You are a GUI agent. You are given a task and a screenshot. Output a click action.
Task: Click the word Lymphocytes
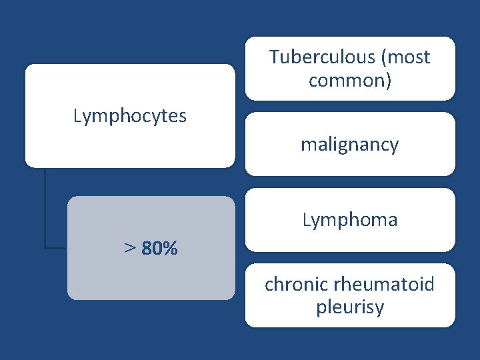point(130,117)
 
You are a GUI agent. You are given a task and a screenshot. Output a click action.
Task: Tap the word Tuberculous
point(321,58)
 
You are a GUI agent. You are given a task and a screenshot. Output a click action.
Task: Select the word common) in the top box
point(350,81)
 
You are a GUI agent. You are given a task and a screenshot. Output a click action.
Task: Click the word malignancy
point(349,144)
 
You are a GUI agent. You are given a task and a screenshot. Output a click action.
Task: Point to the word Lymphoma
point(350,220)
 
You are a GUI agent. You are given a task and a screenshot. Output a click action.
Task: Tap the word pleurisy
point(350,308)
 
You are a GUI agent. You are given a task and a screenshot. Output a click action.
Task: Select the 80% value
point(160,249)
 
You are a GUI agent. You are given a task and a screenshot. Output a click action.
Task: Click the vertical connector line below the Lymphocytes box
point(45,207)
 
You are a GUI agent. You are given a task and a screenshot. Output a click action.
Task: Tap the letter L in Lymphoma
point(307,220)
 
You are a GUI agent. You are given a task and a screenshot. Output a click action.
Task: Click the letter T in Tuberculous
point(274,57)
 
